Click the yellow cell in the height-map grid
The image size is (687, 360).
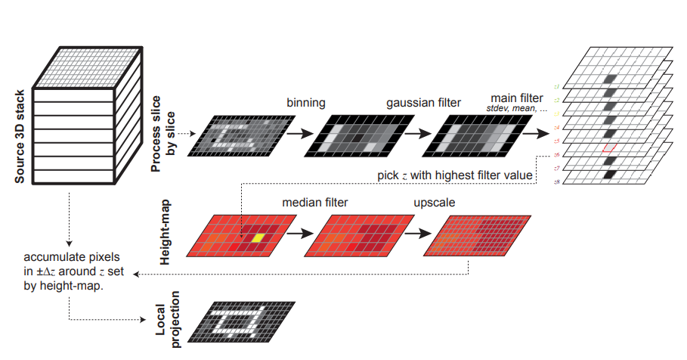(x=258, y=237)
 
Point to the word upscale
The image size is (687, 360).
(x=433, y=203)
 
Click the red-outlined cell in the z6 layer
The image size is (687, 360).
(x=610, y=147)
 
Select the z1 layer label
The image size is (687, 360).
(x=556, y=87)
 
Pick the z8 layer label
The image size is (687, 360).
(x=556, y=182)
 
